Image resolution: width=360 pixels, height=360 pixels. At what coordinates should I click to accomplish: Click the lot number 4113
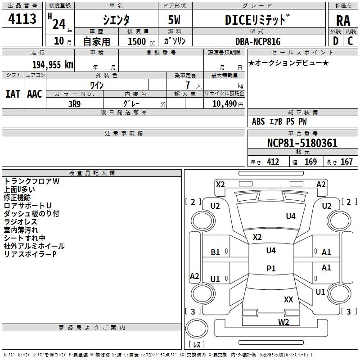coord(22,19)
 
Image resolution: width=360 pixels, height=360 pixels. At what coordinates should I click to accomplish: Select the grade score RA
coord(343,21)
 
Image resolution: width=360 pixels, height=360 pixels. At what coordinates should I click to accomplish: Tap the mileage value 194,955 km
coord(53,65)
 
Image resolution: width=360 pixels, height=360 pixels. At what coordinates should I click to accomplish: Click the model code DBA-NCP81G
coord(258,41)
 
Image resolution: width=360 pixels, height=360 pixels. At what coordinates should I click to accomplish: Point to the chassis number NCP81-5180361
coord(302,143)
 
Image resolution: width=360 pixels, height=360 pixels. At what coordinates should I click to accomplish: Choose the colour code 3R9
coord(74,104)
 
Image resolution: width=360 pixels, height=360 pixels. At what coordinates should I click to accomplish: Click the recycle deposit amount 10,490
coord(224,104)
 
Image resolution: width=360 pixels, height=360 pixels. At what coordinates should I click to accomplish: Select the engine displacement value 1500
coord(137,41)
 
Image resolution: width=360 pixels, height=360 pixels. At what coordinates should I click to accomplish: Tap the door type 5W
coord(174,20)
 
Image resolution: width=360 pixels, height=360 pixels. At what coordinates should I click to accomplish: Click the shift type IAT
coord(13,94)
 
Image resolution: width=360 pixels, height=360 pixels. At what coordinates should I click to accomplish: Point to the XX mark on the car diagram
coord(288,299)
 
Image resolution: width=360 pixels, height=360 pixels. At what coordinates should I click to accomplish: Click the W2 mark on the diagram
coord(283,322)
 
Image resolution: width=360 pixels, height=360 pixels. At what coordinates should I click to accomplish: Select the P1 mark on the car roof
coord(271,268)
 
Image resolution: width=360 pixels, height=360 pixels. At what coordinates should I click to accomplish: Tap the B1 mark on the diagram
coord(215,252)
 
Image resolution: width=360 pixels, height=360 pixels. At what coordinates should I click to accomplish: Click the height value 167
coord(346,162)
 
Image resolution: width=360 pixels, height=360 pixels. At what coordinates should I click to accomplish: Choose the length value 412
coord(273,162)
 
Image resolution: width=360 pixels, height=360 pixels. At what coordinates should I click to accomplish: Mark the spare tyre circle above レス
coord(197,328)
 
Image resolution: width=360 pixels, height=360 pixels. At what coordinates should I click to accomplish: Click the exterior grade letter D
coord(336,41)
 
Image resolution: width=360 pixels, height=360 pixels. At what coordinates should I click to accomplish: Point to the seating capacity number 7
coord(188,85)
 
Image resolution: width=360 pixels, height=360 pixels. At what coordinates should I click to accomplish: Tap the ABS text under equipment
coord(258,121)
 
